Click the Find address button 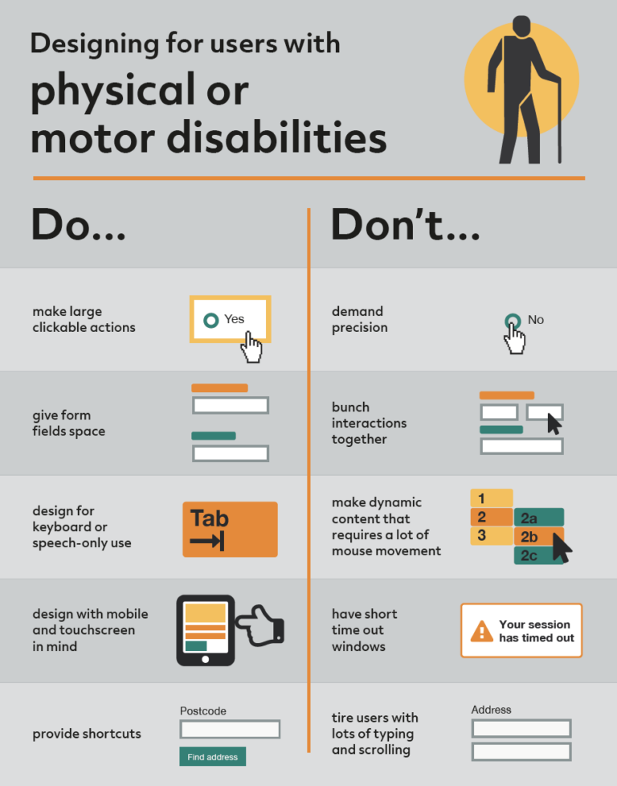point(212,756)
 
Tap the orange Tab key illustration point(230,529)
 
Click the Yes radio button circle point(211,320)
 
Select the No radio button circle point(512,321)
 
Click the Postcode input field point(230,729)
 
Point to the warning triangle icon point(482,631)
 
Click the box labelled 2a point(538,518)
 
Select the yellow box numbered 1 point(491,498)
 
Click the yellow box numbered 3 point(491,535)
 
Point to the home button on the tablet point(206,659)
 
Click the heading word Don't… point(405,226)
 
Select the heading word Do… point(78,226)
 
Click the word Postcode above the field point(202,710)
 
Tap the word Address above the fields point(491,710)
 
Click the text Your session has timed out point(536,631)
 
